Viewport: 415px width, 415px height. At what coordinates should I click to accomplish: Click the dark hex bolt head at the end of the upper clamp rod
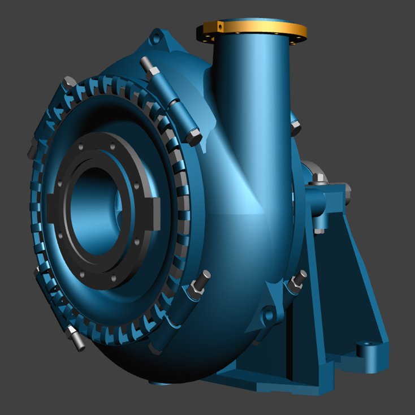(x=194, y=136)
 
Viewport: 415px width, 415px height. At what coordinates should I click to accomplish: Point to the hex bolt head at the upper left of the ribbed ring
(x=70, y=83)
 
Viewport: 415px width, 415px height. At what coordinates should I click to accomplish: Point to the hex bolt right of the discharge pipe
(x=295, y=127)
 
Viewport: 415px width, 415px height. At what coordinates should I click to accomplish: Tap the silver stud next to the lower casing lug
(x=297, y=279)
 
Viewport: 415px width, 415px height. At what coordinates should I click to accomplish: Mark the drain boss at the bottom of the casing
(x=161, y=383)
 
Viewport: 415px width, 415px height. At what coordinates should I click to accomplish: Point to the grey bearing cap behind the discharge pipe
(x=309, y=170)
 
